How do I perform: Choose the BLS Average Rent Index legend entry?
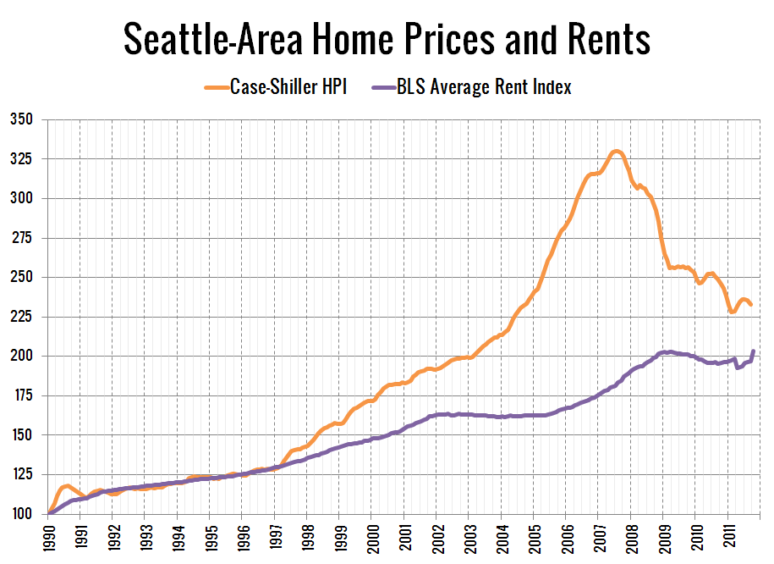(x=484, y=86)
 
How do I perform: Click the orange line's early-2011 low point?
(x=733, y=312)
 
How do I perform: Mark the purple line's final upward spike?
(x=753, y=351)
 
